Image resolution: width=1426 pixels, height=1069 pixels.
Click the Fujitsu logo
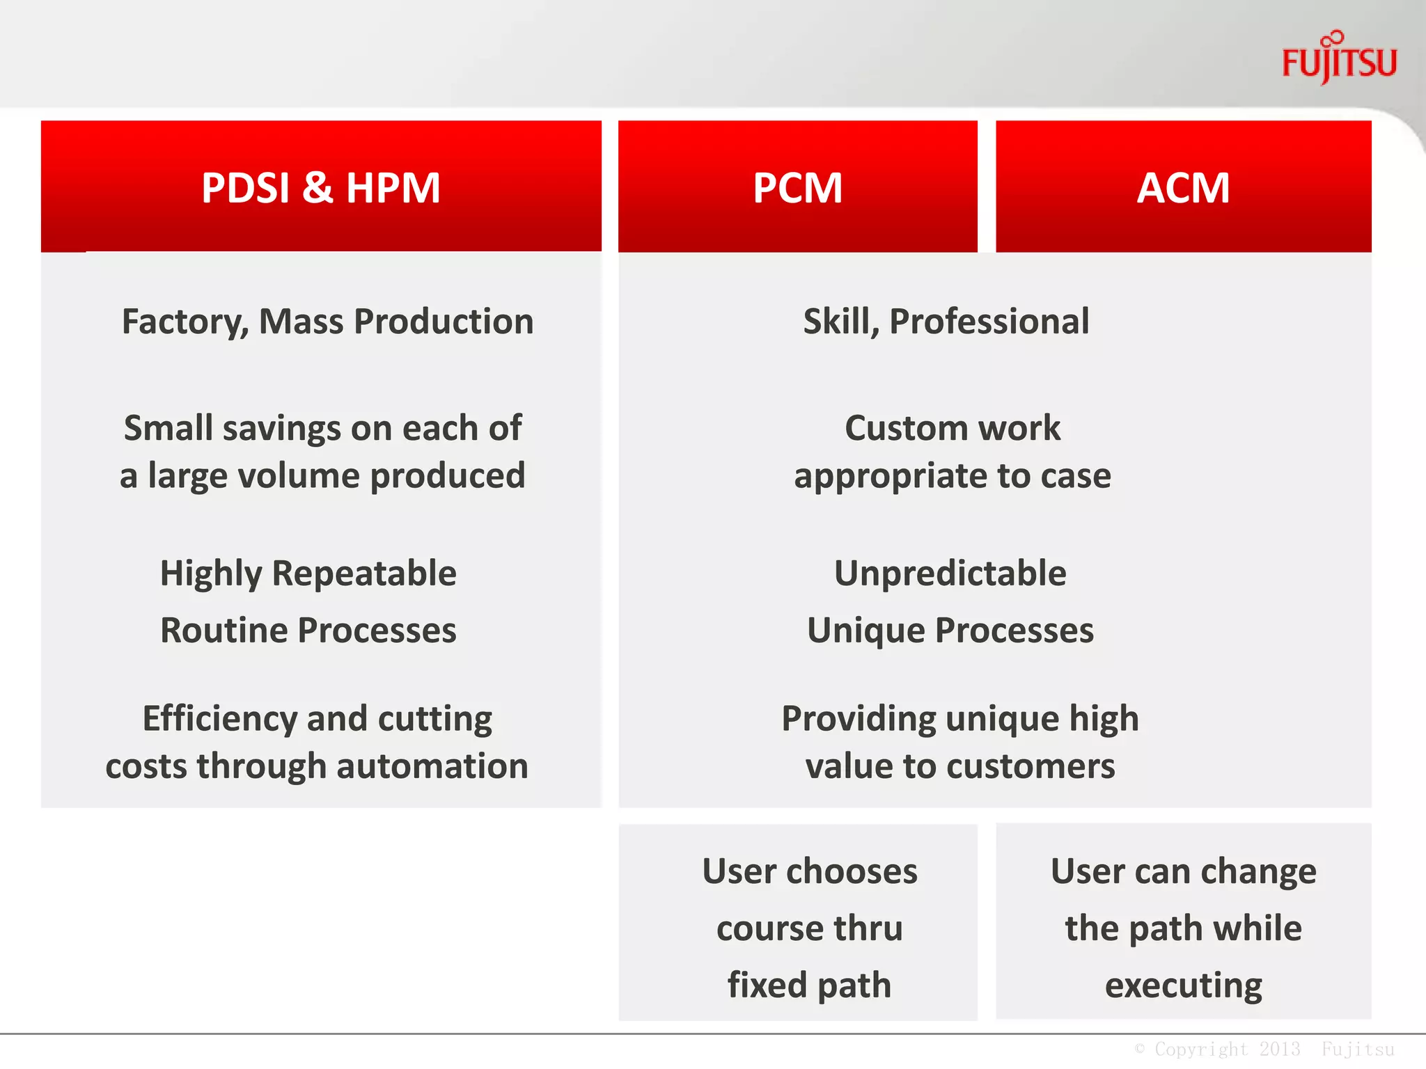pos(1339,61)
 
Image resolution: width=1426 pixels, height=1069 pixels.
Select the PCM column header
pos(797,188)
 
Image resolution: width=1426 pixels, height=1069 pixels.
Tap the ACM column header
pos(1183,188)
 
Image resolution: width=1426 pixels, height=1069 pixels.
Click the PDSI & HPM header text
pos(321,188)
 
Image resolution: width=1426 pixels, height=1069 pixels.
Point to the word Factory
pos(184,322)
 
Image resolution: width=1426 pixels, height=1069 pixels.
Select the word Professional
pos(989,322)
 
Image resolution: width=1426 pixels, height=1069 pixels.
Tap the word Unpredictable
pos(950,574)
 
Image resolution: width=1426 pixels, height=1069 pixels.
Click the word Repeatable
pos(364,574)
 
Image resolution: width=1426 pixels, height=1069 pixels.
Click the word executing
pos(1183,986)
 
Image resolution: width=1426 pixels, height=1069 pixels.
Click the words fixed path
pos(809,986)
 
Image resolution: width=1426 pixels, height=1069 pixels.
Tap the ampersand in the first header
pos(318,188)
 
